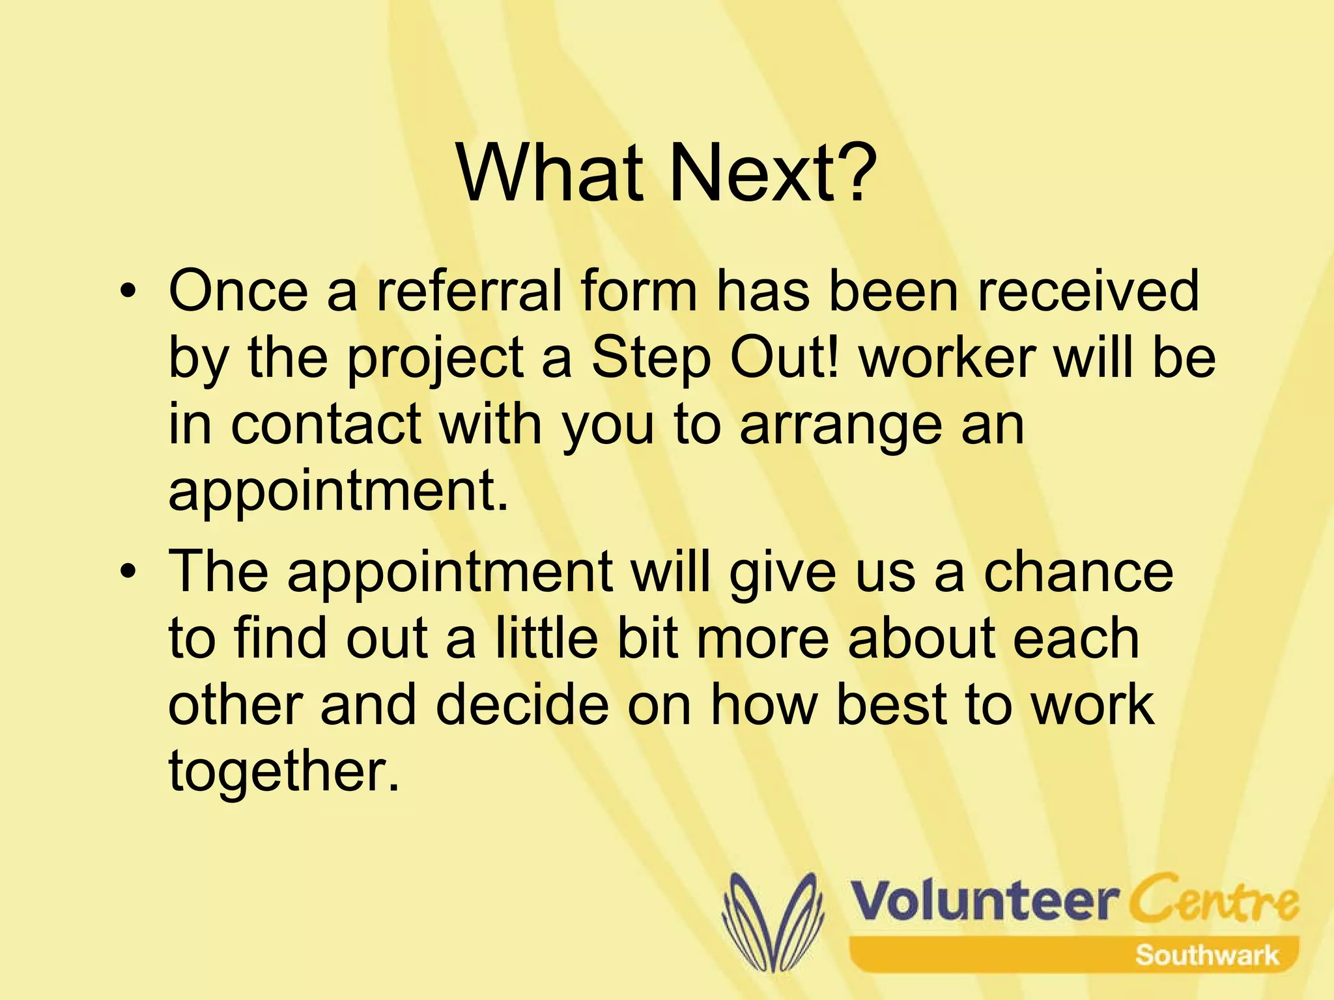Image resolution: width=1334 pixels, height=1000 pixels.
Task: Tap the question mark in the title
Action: [x=853, y=174]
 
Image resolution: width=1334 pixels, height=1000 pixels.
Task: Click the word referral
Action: [x=469, y=291]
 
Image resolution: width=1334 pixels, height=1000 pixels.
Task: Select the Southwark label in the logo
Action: [x=1206, y=956]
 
